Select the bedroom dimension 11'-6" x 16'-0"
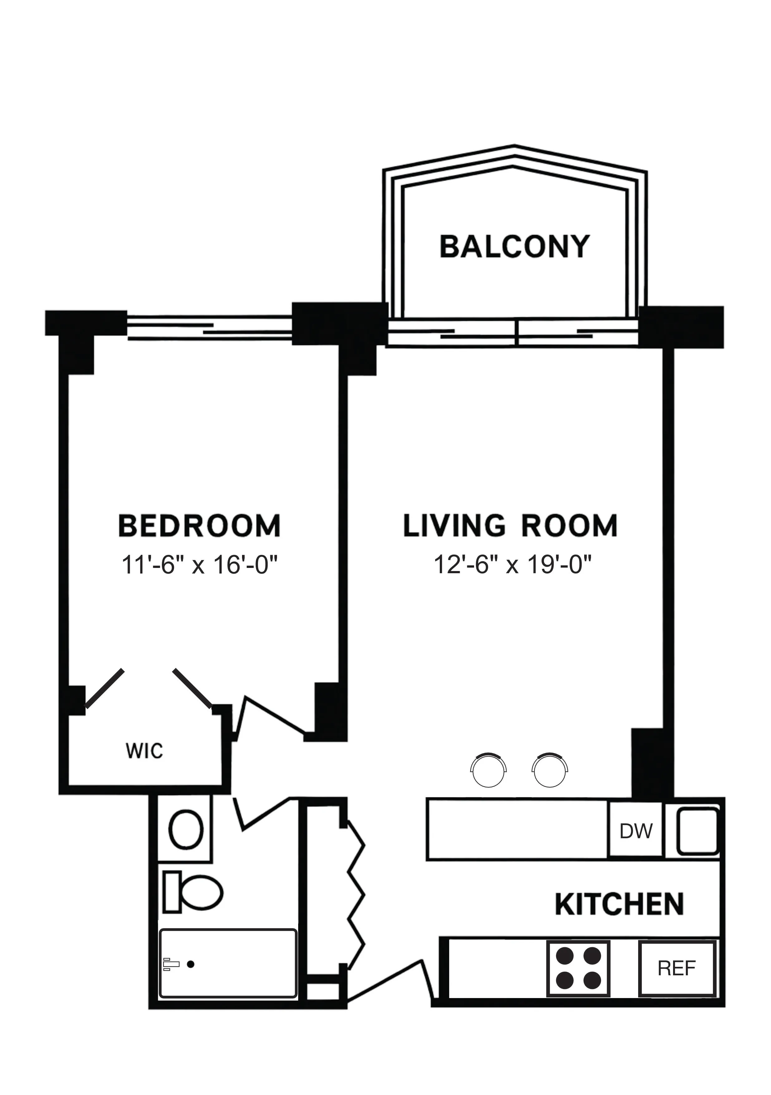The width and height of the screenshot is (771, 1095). point(199,566)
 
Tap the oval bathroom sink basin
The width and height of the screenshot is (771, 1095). point(186,830)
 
